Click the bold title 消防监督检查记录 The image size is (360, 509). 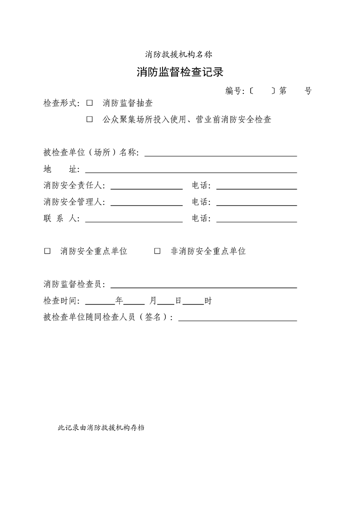(x=180, y=72)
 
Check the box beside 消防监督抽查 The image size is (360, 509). (x=89, y=103)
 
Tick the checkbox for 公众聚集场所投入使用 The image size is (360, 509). (x=89, y=120)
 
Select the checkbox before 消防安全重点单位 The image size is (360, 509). (x=47, y=251)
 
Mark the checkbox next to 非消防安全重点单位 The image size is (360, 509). (x=158, y=251)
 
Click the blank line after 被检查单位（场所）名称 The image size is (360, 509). (x=221, y=153)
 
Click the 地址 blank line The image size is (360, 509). (x=191, y=170)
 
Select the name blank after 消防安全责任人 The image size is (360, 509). (x=146, y=186)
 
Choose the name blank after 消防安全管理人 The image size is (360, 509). (x=146, y=203)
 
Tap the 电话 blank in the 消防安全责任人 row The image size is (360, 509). (x=256, y=186)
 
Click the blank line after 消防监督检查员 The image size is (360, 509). (x=203, y=285)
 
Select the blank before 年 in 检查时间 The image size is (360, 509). (x=100, y=302)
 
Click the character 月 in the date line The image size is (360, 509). (x=153, y=301)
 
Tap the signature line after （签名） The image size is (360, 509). (x=237, y=318)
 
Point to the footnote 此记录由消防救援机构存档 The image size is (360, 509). (x=101, y=427)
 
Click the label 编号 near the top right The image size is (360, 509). (x=234, y=91)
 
